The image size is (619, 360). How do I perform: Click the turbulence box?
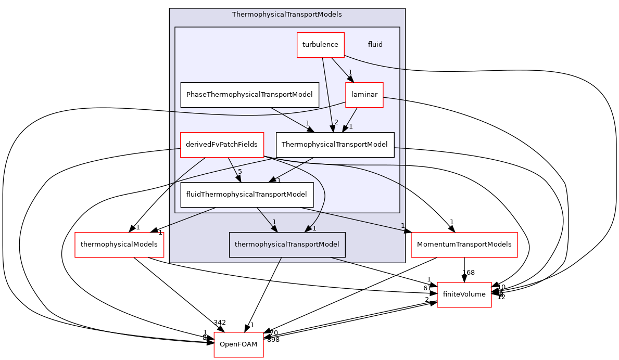click(x=320, y=45)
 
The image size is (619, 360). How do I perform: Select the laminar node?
click(x=364, y=95)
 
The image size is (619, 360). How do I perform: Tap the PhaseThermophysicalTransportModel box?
click(x=249, y=95)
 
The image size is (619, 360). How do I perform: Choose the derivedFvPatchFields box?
click(x=222, y=145)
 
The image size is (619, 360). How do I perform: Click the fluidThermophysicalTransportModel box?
click(x=247, y=195)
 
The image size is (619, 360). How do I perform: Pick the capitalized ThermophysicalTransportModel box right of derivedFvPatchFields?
click(x=335, y=145)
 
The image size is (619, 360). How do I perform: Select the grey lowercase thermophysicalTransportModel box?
click(x=287, y=245)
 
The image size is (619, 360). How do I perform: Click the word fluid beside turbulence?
click(x=375, y=45)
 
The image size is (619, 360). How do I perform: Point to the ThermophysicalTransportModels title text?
click(x=287, y=15)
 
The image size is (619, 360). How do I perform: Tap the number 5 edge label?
click(x=240, y=172)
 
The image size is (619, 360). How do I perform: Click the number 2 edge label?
click(x=336, y=122)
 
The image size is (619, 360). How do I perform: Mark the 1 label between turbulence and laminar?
click(x=350, y=72)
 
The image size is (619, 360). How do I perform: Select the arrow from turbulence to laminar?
click(x=342, y=70)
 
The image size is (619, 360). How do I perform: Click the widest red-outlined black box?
click(x=464, y=245)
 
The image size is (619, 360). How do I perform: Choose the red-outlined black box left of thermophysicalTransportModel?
click(x=119, y=245)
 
